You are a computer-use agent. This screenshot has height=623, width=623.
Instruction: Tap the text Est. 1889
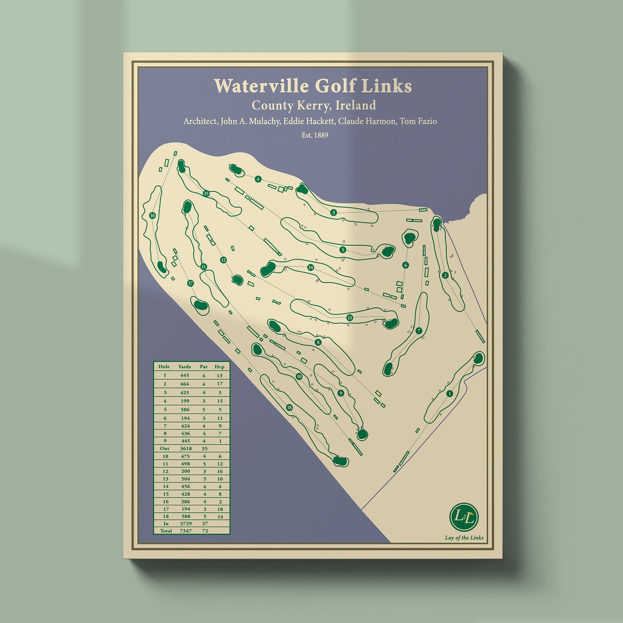click(315, 135)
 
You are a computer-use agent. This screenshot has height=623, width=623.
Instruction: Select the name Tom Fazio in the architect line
click(418, 121)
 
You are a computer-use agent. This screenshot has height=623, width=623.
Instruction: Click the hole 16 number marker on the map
click(152, 216)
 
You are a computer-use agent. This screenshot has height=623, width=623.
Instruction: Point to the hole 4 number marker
click(258, 179)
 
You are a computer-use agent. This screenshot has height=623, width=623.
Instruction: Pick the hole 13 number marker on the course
click(349, 318)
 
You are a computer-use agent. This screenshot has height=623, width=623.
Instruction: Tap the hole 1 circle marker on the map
click(450, 394)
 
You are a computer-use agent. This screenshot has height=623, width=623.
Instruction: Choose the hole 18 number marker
click(289, 407)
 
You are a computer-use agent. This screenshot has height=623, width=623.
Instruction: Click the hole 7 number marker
click(419, 331)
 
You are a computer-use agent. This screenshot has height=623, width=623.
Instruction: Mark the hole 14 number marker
click(310, 267)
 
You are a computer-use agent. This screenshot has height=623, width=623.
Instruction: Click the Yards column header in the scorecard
click(185, 366)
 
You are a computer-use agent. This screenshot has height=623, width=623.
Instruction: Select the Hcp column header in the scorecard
click(219, 366)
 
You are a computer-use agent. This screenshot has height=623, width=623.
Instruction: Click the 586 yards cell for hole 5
click(185, 410)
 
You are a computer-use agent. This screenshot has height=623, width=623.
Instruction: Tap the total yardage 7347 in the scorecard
click(185, 531)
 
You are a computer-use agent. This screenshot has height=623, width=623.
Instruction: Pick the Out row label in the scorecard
click(165, 448)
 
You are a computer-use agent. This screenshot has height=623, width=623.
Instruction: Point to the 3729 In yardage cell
click(186, 523)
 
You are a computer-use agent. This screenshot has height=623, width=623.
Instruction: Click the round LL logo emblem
click(464, 517)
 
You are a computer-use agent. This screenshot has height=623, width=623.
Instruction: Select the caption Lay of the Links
click(464, 538)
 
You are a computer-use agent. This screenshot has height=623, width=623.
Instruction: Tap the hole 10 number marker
click(299, 376)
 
